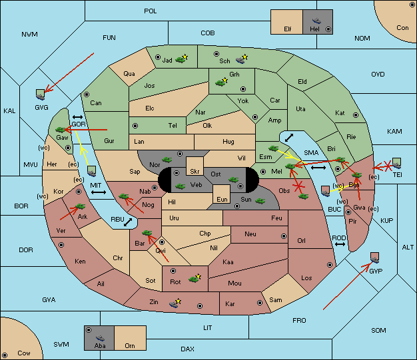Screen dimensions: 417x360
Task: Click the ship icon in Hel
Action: point(316,21)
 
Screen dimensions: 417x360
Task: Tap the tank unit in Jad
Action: point(181,60)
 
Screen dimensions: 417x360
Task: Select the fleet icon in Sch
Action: point(240,61)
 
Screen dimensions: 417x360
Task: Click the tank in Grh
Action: point(220,83)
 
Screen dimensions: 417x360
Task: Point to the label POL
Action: point(151,11)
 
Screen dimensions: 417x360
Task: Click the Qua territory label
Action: point(129,74)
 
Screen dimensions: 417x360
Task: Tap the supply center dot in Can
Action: point(87,94)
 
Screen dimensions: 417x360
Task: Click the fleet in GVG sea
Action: point(40,95)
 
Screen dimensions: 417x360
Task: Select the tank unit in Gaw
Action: point(61,130)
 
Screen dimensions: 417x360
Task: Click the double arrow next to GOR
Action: point(77,117)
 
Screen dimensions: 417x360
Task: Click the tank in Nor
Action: point(167,160)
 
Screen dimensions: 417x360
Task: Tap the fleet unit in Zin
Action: point(174,303)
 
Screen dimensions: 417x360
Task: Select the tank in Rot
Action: point(193,279)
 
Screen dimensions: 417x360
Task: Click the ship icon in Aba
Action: point(100,338)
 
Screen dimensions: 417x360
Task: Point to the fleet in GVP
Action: point(375,258)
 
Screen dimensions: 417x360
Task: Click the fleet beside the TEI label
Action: point(397,163)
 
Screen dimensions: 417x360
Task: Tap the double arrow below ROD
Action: point(340,244)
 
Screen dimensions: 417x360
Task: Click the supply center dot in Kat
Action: point(356,115)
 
